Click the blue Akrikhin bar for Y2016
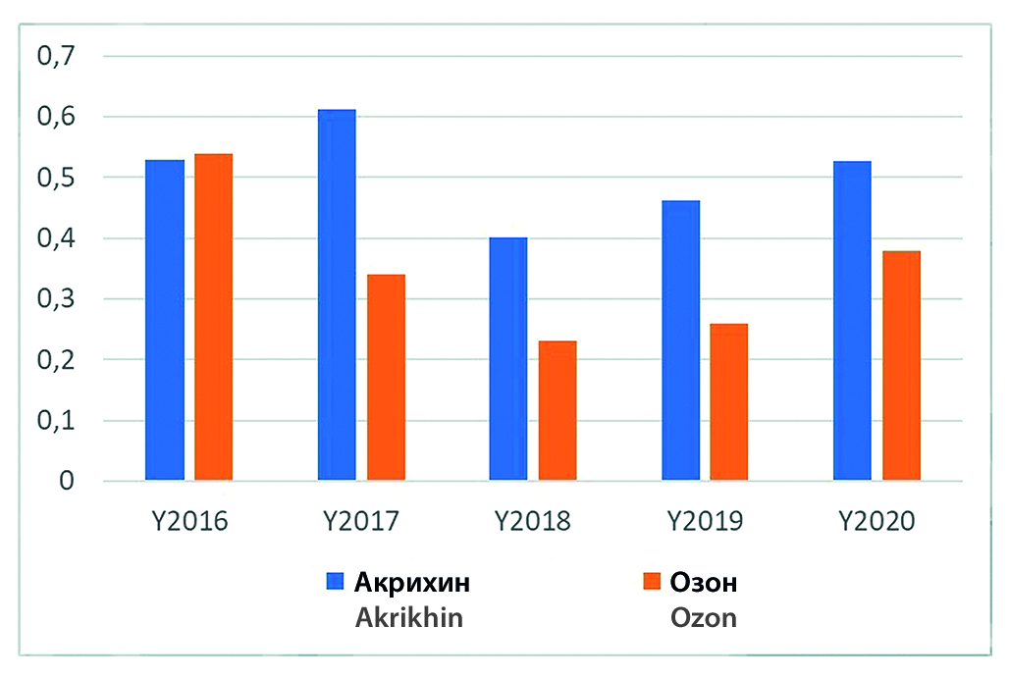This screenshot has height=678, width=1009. click(165, 320)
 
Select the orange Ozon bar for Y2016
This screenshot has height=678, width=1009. click(213, 317)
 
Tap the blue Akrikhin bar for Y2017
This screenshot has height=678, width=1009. click(337, 295)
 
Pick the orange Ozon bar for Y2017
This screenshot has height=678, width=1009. click(386, 378)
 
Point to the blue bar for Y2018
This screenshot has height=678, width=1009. click(508, 359)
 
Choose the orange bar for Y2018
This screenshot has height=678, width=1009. click(558, 411)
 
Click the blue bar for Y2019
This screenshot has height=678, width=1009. click(680, 340)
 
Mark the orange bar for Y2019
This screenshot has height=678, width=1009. click(729, 402)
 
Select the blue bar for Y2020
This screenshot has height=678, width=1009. click(852, 321)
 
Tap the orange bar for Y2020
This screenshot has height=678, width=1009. click(901, 366)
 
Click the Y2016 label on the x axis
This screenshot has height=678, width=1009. click(190, 520)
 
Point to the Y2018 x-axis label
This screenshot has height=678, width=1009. click(533, 520)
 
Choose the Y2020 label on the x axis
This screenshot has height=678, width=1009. click(876, 520)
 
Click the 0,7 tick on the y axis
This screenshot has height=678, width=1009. click(56, 56)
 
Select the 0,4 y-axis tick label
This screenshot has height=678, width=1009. click(56, 238)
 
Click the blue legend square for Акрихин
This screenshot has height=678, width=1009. click(335, 582)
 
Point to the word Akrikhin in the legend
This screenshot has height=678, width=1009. click(409, 619)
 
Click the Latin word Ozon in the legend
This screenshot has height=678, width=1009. click(703, 619)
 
